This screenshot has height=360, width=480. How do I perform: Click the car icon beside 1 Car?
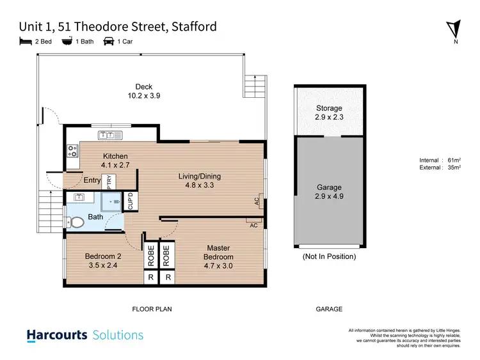pyautogui.click(x=108, y=42)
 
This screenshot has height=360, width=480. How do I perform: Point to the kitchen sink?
pyautogui.click(x=106, y=135)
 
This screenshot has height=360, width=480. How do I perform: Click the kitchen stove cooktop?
pyautogui.click(x=72, y=152)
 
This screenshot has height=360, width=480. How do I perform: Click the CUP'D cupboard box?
pyautogui.click(x=131, y=201)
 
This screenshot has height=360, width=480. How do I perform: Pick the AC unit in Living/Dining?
pyautogui.click(x=260, y=200)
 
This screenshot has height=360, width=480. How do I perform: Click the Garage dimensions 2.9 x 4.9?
pyautogui.click(x=330, y=197)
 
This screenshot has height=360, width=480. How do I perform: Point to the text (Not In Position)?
pyautogui.click(x=329, y=256)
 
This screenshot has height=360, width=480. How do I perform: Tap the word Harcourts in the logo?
pyautogui.click(x=57, y=334)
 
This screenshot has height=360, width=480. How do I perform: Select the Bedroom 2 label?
pyautogui.click(x=103, y=256)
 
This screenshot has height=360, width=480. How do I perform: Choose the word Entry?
pyautogui.click(x=92, y=181)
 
